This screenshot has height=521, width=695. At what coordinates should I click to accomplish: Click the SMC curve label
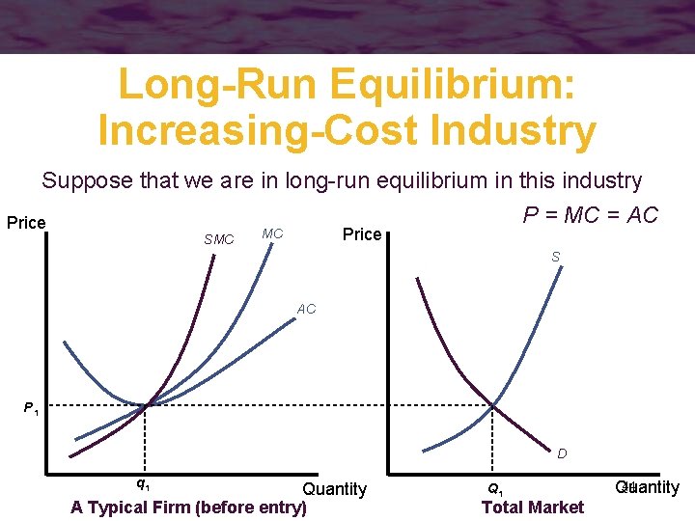coord(219,239)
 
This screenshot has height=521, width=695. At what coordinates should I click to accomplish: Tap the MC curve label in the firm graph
coord(272,233)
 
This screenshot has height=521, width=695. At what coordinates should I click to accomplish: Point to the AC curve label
coord(306,310)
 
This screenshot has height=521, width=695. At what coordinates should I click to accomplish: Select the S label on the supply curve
coord(555,257)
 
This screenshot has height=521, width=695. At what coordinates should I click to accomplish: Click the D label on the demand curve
coord(561,452)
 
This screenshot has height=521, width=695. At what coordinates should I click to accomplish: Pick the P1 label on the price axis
coord(32,409)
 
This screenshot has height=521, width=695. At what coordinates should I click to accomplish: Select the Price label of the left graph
coord(26,223)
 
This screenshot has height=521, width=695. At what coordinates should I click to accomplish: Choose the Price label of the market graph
coord(362,234)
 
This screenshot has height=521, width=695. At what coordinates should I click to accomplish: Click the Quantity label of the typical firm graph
coord(334,489)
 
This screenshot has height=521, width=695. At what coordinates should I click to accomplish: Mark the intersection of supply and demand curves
coord(493,405)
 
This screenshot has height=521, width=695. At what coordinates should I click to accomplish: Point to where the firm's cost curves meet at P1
coord(146,405)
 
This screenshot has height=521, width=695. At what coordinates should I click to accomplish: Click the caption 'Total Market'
coord(533,507)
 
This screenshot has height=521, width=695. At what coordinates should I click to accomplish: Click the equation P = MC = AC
coord(590,214)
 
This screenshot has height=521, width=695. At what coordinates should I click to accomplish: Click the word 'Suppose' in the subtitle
coord(81,180)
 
